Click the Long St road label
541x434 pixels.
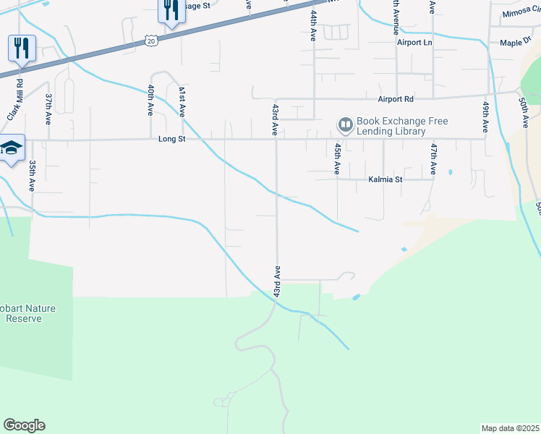(168, 139)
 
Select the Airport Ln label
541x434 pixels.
(414, 43)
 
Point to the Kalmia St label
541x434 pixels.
(384, 179)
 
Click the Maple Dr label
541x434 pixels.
(516, 43)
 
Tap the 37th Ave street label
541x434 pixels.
(49, 109)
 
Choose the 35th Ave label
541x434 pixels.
(33, 176)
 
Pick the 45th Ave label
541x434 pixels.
(337, 158)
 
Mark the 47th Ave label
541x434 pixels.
(433, 158)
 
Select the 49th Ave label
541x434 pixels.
(485, 116)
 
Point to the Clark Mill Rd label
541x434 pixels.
(15, 101)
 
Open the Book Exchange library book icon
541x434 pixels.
(345, 127)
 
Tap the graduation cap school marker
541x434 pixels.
(11, 148)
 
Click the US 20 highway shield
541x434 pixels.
(150, 41)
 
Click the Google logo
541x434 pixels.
(24, 425)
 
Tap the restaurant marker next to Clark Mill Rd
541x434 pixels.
(21, 48)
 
